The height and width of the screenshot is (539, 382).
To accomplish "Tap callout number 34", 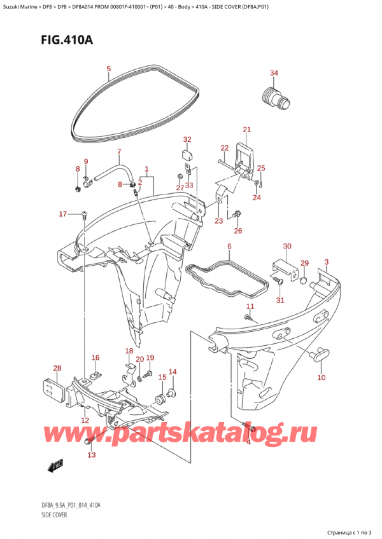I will pyautogui.click(x=274, y=73).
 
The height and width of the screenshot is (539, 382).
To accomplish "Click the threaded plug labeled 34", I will pyautogui.click(x=274, y=97).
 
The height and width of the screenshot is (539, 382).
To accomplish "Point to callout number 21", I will pyautogui.click(x=247, y=130).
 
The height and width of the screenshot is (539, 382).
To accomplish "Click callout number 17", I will pyautogui.click(x=62, y=214).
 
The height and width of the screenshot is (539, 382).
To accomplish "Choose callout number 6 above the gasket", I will pyautogui.click(x=229, y=246).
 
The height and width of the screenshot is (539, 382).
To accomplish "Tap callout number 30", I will pyautogui.click(x=287, y=246).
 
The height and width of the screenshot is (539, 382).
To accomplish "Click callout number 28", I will pyautogui.click(x=57, y=369).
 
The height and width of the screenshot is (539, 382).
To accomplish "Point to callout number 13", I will pyautogui.click(x=91, y=455).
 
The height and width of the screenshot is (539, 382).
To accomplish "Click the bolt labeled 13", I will pyautogui.click(x=89, y=440).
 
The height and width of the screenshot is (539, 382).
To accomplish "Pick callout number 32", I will pyautogui.click(x=187, y=139).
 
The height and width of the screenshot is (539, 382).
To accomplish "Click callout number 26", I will pyautogui.click(x=238, y=231).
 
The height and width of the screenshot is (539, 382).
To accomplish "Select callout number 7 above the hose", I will pyautogui.click(x=118, y=151).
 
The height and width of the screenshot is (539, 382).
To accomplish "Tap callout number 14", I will pyautogui.click(x=172, y=372).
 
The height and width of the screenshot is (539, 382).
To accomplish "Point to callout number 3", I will pyautogui.click(x=327, y=263).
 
